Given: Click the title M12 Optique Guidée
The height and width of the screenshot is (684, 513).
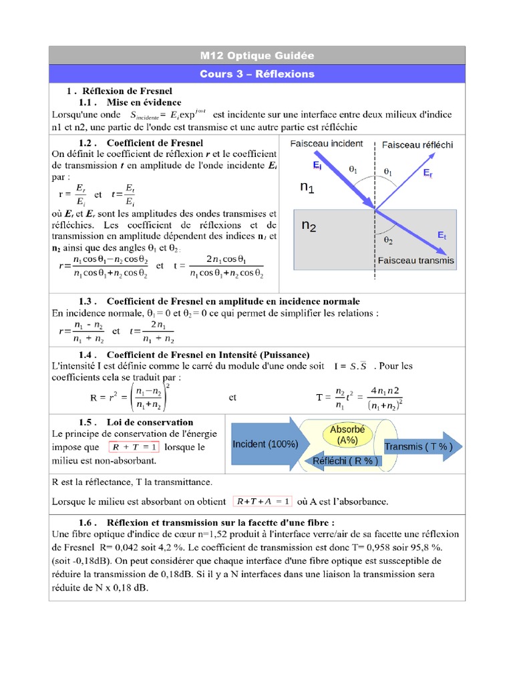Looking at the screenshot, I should coord(256,55).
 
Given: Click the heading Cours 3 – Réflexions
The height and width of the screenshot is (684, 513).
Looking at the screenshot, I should coord(256,73).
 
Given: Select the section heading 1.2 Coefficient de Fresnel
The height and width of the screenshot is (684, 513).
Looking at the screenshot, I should coord(141,142).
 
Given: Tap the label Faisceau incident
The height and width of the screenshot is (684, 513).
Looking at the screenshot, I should coord(327,144).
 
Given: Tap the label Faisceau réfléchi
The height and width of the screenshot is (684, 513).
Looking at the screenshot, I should coord(417,144).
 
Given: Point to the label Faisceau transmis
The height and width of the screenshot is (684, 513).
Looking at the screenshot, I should coord(415,260).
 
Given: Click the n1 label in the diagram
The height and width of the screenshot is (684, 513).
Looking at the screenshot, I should coord(307,188).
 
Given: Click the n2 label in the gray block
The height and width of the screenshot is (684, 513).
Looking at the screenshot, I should coord(309,226).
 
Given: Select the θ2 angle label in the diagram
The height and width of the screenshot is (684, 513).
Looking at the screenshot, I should coord(388,238).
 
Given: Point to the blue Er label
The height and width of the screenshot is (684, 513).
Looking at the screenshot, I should coord(428,172).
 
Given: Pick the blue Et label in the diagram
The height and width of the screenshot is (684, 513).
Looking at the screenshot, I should coord(442,235).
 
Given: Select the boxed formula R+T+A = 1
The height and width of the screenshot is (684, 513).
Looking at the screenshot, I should coord(262,501).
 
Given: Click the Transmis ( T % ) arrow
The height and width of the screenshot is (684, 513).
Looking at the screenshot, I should coord(420,447).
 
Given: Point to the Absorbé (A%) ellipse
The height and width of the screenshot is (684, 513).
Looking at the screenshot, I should coord(347,435).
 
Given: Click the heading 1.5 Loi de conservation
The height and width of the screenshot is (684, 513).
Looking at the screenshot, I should coord(136,422).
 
